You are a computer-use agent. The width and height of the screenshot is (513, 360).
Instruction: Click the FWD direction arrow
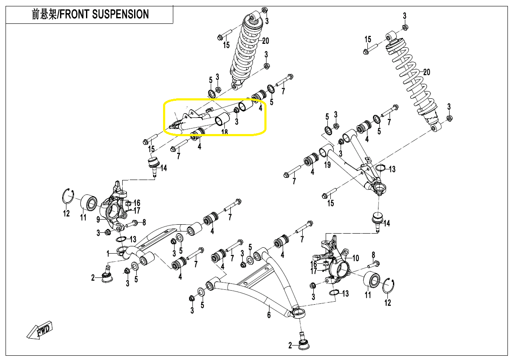click(39, 330)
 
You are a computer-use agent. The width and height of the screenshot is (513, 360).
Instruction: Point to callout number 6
click(269, 315)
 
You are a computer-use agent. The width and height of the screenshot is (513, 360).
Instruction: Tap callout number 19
click(327, 165)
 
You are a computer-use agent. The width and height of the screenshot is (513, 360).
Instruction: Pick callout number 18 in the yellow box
click(224, 132)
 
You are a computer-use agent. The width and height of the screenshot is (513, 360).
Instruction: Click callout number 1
click(108, 253)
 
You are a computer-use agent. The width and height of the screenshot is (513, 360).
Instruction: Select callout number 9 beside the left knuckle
click(98, 220)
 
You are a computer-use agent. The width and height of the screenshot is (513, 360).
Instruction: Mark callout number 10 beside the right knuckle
click(356, 258)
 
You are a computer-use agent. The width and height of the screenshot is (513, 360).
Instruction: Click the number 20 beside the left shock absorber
click(266, 41)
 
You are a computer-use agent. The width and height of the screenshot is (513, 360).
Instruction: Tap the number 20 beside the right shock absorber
click(427, 72)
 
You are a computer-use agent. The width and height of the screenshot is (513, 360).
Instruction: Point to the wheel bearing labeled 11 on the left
click(89, 202)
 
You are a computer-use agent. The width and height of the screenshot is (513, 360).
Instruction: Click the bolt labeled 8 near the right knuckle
click(375, 264)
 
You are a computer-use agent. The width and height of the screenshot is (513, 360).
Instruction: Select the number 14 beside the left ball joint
click(163, 168)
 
